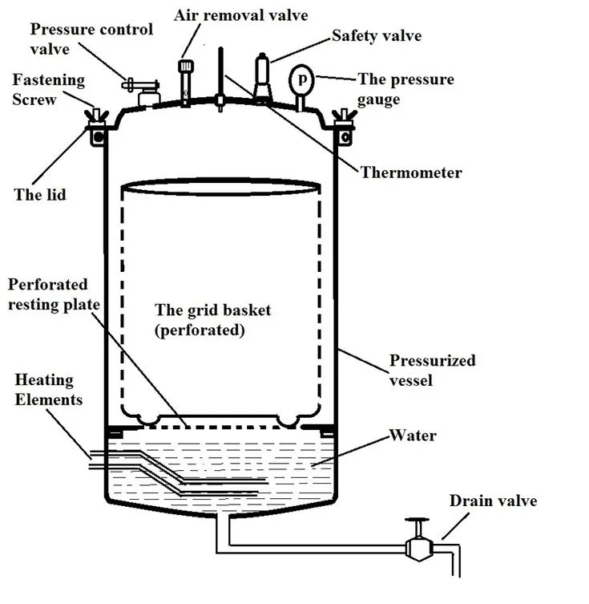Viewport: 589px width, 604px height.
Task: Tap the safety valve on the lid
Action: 262,77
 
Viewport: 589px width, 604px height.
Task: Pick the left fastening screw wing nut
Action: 97,118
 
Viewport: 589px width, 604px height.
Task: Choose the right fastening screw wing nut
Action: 345,118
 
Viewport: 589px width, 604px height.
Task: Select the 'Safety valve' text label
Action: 377,35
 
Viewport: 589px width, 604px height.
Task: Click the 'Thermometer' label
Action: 410,172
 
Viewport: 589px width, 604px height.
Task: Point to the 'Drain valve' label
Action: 492,501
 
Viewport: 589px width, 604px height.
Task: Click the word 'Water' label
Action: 412,436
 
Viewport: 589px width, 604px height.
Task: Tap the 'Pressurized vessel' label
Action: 432,370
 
